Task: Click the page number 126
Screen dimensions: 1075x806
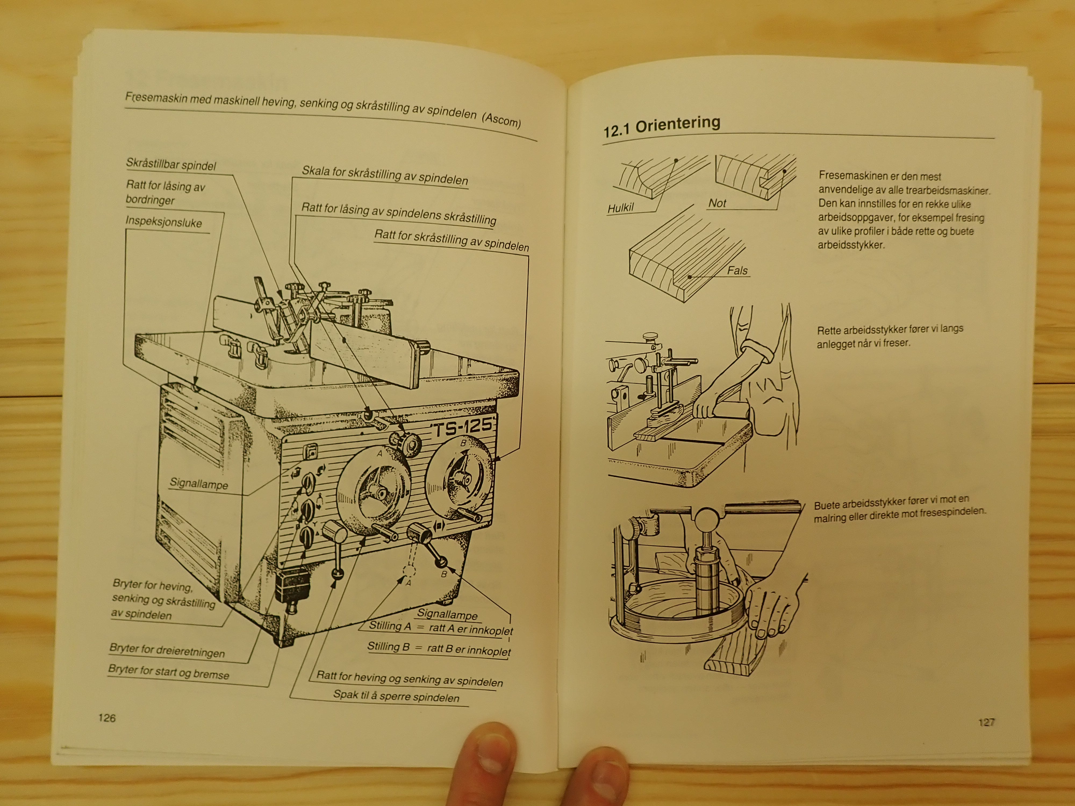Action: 107,718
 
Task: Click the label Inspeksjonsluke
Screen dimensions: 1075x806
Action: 164,222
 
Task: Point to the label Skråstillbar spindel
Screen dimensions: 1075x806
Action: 171,164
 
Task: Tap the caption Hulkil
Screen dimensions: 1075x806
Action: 621,208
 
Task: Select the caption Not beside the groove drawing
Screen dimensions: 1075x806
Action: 717,203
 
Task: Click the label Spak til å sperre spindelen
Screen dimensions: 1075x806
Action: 396,696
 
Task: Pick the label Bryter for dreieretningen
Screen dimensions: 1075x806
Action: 167,650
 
